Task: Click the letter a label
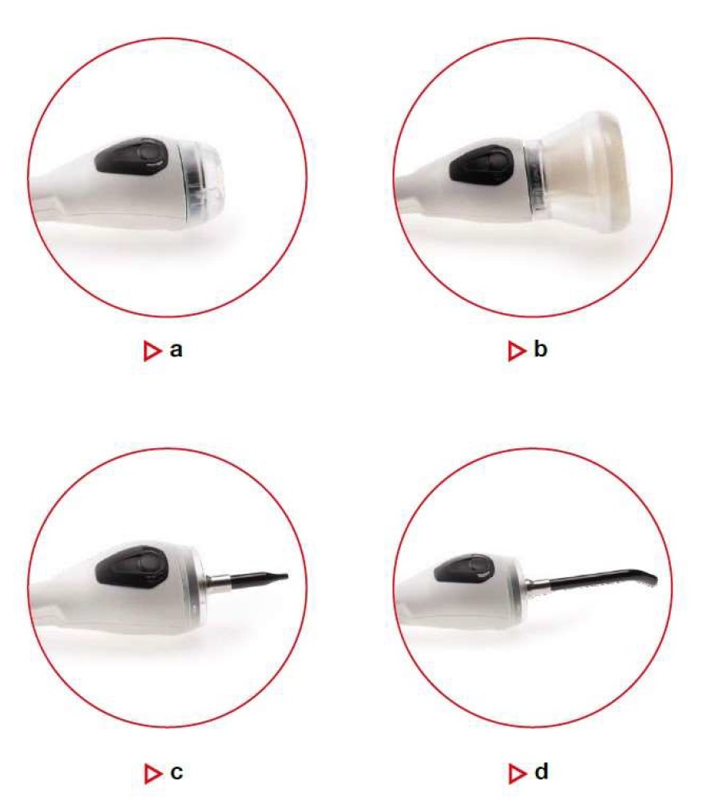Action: (176, 350)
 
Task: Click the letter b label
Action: (541, 349)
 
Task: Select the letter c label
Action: (176, 773)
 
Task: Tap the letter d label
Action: (541, 771)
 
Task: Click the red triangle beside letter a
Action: (152, 351)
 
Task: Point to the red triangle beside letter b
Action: (517, 351)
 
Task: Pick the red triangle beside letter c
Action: (153, 774)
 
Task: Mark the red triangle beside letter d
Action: (517, 774)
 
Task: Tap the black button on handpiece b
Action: (482, 165)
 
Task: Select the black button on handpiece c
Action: (132, 567)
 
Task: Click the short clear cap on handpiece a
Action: (203, 178)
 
